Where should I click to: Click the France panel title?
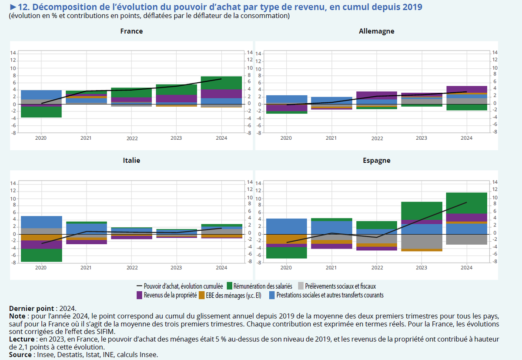click(x=131, y=31)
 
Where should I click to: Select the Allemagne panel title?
click(x=376, y=31)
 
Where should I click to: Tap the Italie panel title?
click(x=131, y=160)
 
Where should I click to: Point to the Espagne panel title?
click(x=376, y=160)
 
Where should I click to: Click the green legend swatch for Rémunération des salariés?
click(x=229, y=286)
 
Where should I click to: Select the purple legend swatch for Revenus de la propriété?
click(x=140, y=295)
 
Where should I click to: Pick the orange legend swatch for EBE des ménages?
click(x=201, y=295)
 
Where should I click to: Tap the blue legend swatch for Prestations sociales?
click(x=272, y=295)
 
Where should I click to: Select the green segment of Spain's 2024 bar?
click(x=466, y=203)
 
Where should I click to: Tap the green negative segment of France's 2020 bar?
click(x=41, y=112)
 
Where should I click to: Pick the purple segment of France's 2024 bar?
click(x=221, y=94)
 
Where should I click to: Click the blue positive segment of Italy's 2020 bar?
click(x=41, y=222)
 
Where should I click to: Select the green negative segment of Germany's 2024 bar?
click(x=466, y=107)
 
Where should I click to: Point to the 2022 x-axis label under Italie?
click(x=132, y=268)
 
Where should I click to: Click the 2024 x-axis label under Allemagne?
click(x=466, y=138)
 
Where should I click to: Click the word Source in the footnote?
click(x=19, y=355)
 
